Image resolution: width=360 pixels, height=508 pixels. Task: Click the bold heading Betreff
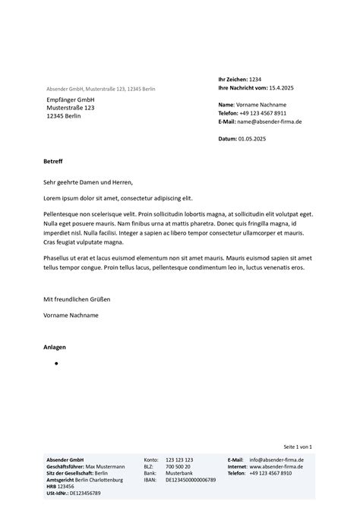coord(54,162)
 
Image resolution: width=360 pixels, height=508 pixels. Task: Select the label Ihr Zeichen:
coord(232,79)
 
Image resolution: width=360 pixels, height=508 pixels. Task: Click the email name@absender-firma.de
coord(270,121)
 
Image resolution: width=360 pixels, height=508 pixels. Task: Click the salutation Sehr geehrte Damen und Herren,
coord(88,182)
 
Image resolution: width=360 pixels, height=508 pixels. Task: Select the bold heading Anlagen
coord(55,347)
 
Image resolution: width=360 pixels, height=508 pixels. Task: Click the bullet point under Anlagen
coord(57,364)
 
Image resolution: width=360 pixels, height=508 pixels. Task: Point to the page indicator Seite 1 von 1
coord(298,446)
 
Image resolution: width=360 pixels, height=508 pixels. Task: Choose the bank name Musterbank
coord(178,473)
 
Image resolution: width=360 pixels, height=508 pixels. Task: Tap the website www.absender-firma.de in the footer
coord(276,466)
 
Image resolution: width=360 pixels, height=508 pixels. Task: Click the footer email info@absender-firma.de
coord(276,460)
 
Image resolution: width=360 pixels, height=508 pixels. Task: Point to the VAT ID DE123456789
coord(85,493)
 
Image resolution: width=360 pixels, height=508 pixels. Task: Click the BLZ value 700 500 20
coord(178,466)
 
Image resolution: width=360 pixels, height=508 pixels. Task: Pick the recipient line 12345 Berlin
coord(65,116)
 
